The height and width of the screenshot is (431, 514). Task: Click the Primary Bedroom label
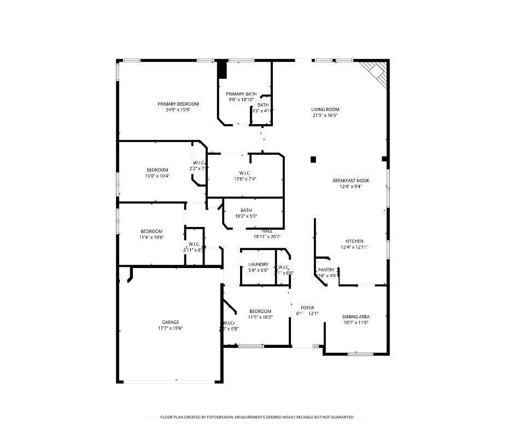click(178, 104)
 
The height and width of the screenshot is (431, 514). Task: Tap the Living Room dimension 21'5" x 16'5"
click(325, 115)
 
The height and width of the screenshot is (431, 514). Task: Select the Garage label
click(170, 322)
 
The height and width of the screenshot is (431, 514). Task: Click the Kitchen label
click(354, 241)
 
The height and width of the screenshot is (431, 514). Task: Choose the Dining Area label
click(355, 317)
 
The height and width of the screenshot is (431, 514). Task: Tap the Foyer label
click(307, 307)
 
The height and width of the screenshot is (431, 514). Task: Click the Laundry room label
click(258, 264)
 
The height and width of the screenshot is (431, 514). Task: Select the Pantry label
click(326, 270)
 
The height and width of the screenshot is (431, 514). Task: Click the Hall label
click(267, 231)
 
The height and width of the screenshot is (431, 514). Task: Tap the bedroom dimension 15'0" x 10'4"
click(157, 176)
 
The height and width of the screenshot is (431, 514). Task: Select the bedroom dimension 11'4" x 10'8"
click(151, 237)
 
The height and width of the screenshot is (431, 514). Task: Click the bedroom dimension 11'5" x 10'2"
click(260, 317)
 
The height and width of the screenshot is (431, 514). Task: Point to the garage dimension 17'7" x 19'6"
click(170, 328)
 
